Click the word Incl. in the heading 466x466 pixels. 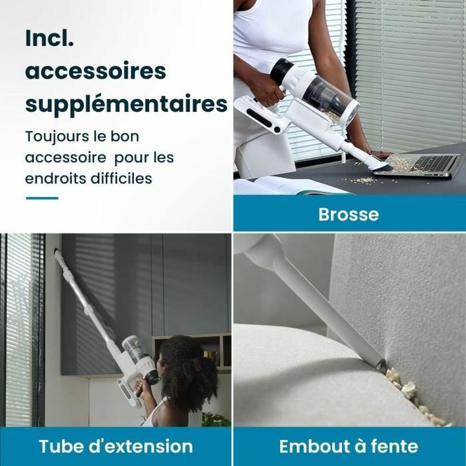[49, 40]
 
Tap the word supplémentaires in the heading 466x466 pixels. [126, 104]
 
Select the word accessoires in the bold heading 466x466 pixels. [96, 72]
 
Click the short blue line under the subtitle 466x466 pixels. [42, 198]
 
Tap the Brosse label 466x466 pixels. [348, 214]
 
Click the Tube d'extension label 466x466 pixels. [116, 447]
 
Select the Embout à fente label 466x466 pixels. [348, 447]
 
